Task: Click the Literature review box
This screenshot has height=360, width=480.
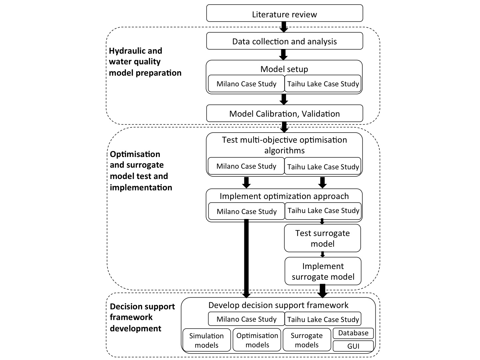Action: click(x=285, y=13)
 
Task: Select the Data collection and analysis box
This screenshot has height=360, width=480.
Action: click(x=285, y=41)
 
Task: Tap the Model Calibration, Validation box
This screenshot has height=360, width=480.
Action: click(x=285, y=113)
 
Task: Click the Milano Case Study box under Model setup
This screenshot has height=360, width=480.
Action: click(x=246, y=83)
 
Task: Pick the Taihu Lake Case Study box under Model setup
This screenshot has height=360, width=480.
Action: click(x=323, y=83)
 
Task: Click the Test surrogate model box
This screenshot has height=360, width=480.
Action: click(x=322, y=238)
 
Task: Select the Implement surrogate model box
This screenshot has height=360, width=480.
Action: click(x=323, y=271)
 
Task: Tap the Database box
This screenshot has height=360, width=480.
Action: click(x=353, y=333)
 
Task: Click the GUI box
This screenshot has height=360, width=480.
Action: click(x=353, y=346)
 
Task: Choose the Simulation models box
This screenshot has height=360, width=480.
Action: click(x=207, y=340)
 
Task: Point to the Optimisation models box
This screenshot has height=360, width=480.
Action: click(x=257, y=340)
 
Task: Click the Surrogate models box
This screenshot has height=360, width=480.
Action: click(x=307, y=340)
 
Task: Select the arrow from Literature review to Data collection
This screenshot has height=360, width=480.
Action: click(x=284, y=27)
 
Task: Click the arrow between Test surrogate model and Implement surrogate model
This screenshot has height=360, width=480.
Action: click(x=322, y=254)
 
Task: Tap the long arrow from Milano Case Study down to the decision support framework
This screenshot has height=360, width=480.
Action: click(x=246, y=259)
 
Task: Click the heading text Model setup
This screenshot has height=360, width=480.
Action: click(x=284, y=69)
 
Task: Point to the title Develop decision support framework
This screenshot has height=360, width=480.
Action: click(x=278, y=305)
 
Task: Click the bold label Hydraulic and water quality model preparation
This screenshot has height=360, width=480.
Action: click(x=145, y=62)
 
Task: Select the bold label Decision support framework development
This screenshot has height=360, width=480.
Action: click(x=142, y=317)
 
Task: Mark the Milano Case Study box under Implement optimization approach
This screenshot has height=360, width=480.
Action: click(x=246, y=211)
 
